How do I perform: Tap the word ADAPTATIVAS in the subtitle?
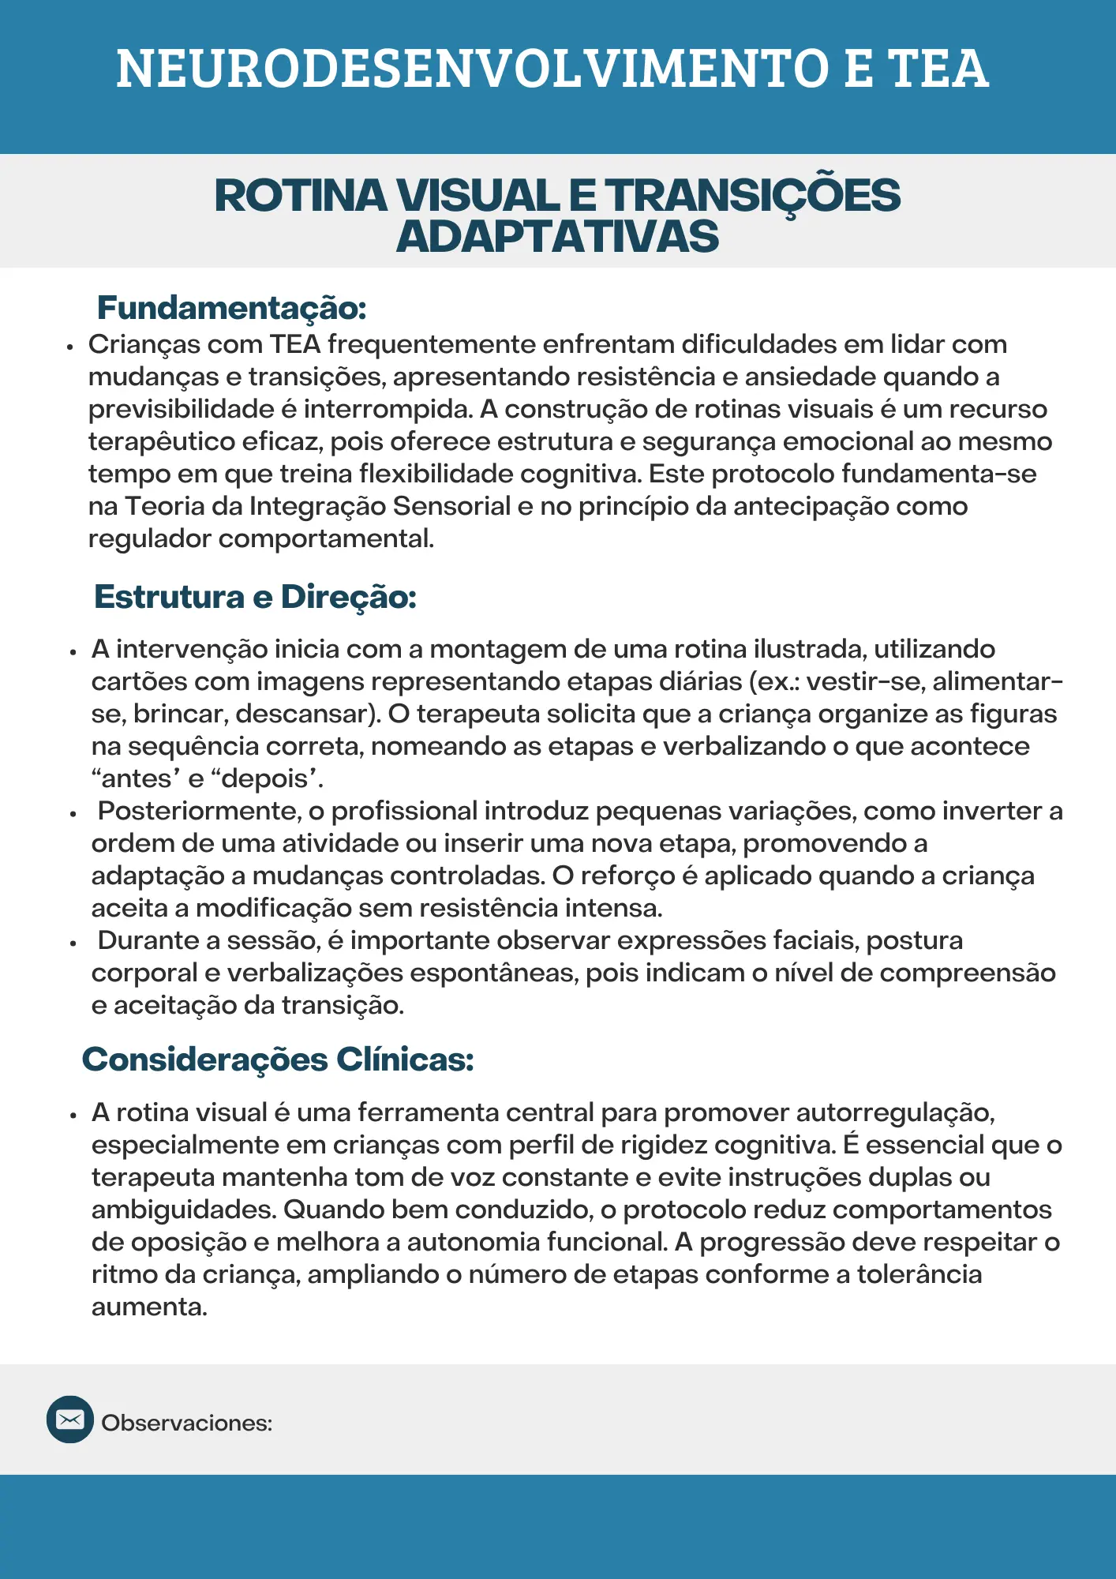tap(557, 237)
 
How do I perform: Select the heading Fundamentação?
tap(231, 308)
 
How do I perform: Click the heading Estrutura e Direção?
tap(255, 597)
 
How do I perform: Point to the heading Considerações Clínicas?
tap(278, 1060)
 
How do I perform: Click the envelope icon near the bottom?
tap(70, 1420)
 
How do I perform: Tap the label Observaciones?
tap(187, 1423)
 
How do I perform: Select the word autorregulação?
tap(895, 1112)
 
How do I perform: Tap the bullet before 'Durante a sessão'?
tap(73, 942)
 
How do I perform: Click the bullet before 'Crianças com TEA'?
tap(70, 346)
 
